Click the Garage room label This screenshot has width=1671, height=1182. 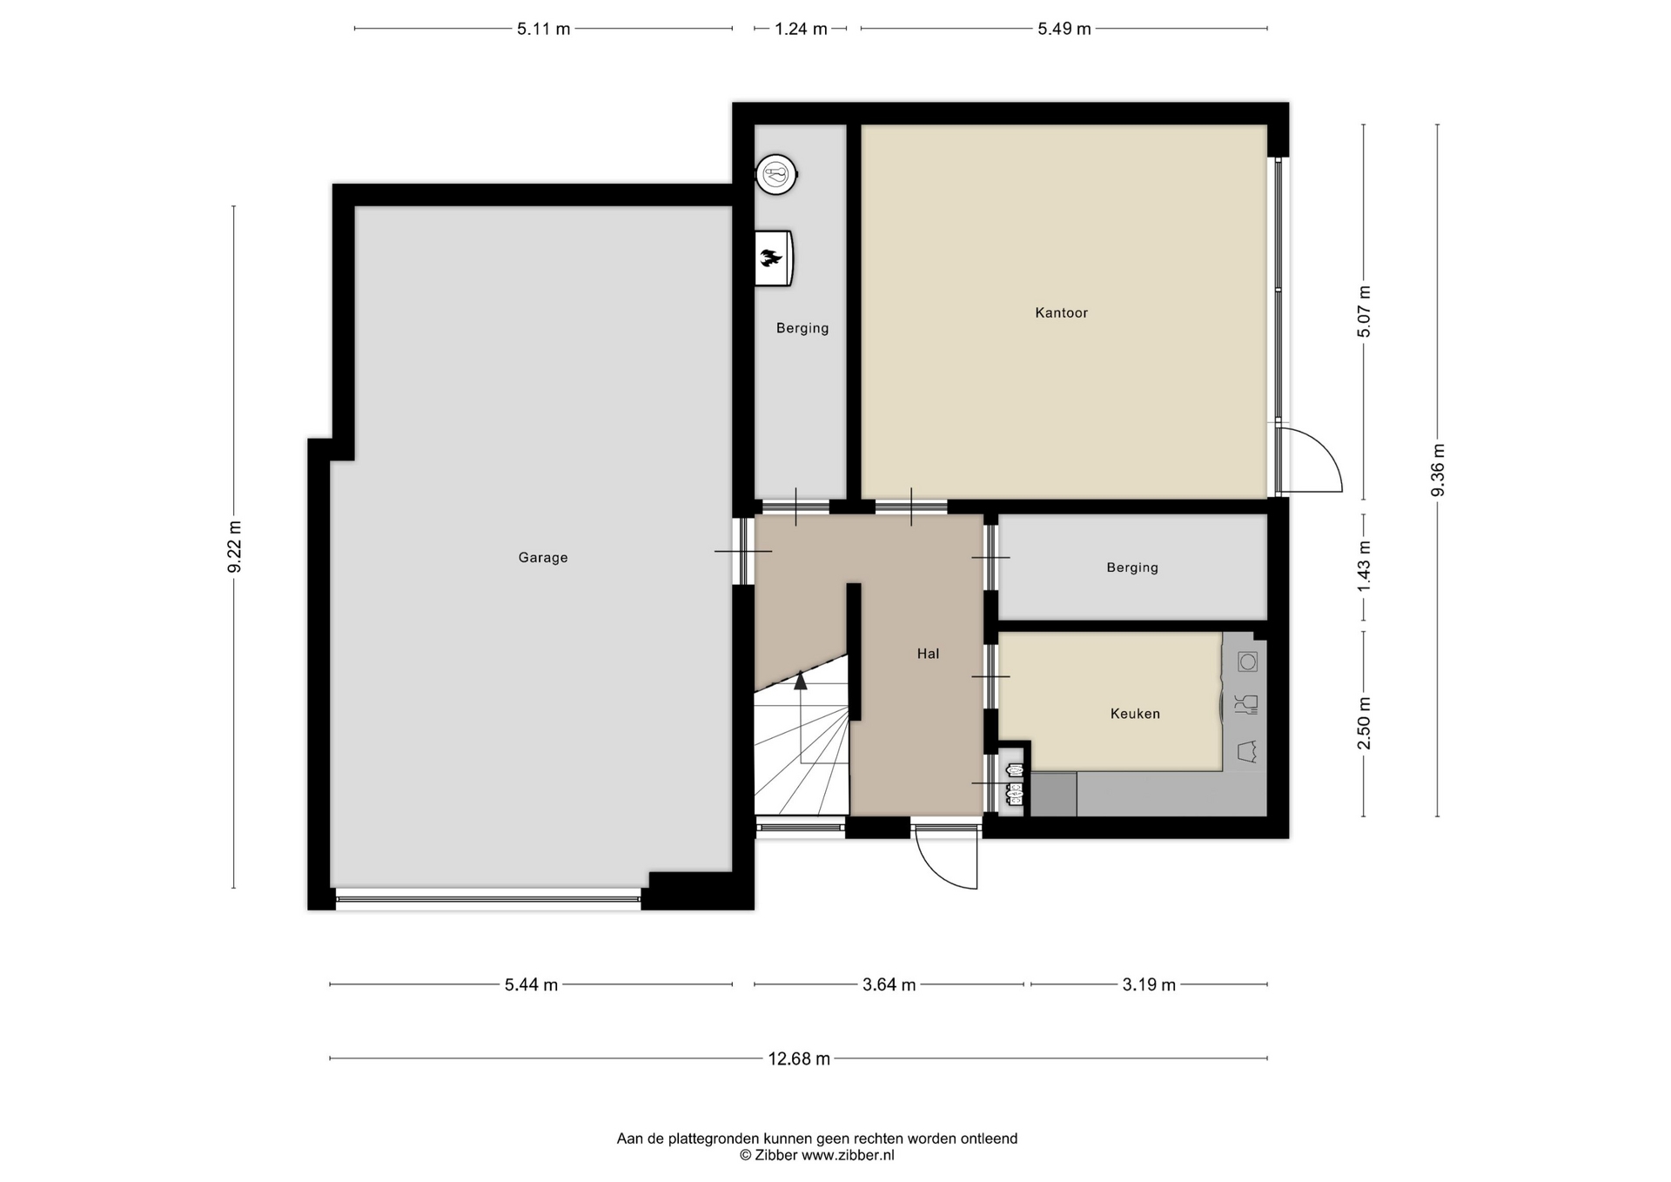pyautogui.click(x=543, y=558)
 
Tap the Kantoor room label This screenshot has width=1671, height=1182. pyautogui.click(x=1061, y=312)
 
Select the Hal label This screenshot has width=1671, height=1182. pyautogui.click(x=928, y=654)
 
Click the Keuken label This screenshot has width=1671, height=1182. pyautogui.click(x=1135, y=714)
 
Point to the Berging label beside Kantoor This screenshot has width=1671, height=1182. pyautogui.click(x=802, y=328)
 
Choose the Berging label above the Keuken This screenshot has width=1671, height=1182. pyautogui.click(x=1132, y=567)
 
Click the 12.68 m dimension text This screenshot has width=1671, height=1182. pyautogui.click(x=799, y=1059)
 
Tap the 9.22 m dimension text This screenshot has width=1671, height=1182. pyautogui.click(x=234, y=547)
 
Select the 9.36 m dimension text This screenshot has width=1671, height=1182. pyautogui.click(x=1438, y=470)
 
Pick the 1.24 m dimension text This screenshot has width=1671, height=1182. pyautogui.click(x=801, y=29)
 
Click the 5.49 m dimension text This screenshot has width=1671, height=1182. pyautogui.click(x=1064, y=29)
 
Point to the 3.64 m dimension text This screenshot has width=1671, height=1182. pyautogui.click(x=889, y=985)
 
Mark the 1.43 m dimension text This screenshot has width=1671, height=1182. pyautogui.click(x=1364, y=567)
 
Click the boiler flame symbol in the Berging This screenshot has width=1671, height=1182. pyautogui.click(x=770, y=258)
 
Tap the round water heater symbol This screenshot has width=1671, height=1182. pyautogui.click(x=775, y=174)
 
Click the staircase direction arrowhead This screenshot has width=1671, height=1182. pyautogui.click(x=801, y=681)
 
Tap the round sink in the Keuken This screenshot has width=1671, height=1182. pyautogui.click(x=1248, y=662)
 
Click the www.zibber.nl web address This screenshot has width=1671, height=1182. pyautogui.click(x=848, y=1156)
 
